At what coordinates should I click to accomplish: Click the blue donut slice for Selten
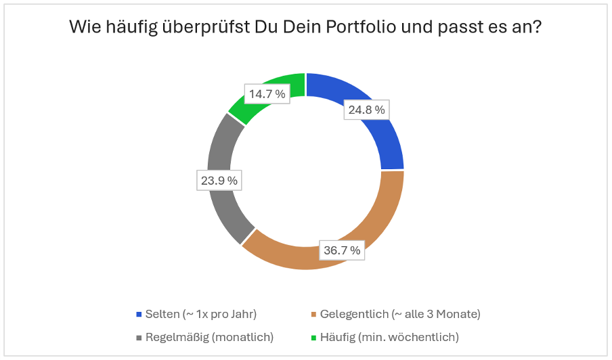click(x=379, y=135)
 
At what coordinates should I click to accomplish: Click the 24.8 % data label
click(x=366, y=109)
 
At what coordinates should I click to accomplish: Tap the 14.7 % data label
click(x=267, y=94)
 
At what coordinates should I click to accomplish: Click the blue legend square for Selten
click(x=139, y=315)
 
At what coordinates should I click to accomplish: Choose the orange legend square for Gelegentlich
click(x=313, y=315)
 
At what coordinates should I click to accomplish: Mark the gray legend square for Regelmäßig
click(x=139, y=337)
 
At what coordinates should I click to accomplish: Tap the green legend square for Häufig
click(x=313, y=337)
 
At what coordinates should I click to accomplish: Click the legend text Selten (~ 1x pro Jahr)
click(x=201, y=315)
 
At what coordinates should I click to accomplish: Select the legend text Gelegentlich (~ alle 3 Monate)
click(x=400, y=315)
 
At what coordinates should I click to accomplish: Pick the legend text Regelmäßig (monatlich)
click(x=209, y=337)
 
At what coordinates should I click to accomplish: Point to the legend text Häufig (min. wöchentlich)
click(x=389, y=337)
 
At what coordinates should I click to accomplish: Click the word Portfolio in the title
click(x=357, y=28)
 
